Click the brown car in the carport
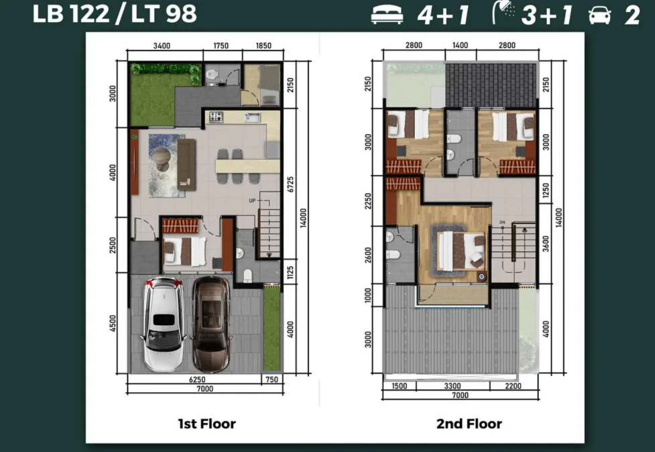[212, 324]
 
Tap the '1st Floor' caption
[206, 424]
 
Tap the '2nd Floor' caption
[469, 424]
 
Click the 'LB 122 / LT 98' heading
[114, 13]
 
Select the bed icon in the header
[388, 15]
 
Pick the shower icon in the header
[503, 13]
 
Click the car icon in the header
[599, 15]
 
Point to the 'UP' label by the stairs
[252, 200]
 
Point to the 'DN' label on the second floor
[502, 222]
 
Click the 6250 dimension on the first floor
[197, 379]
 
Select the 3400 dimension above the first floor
[162, 46]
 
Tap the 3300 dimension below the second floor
[453, 386]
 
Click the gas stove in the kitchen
[216, 116]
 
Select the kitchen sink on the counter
[252, 117]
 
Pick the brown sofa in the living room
[186, 165]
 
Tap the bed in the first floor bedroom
[184, 251]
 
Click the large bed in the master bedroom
[461, 251]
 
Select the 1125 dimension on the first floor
[291, 273]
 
